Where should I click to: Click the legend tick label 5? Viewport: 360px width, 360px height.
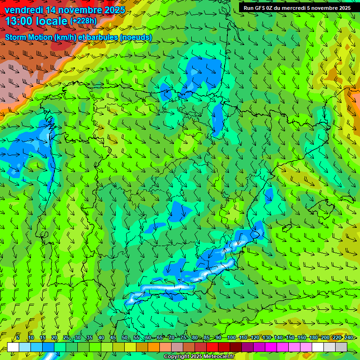tap(18, 337)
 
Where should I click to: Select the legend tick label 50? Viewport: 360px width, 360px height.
tap(125, 337)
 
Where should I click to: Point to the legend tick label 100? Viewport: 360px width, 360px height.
tap(231, 337)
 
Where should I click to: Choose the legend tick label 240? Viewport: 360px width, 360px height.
tap(349, 337)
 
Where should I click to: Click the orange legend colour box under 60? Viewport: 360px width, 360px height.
tap(153, 347)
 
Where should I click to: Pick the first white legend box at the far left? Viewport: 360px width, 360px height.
tap(13, 347)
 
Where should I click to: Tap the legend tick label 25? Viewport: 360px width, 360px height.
tap(66, 337)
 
